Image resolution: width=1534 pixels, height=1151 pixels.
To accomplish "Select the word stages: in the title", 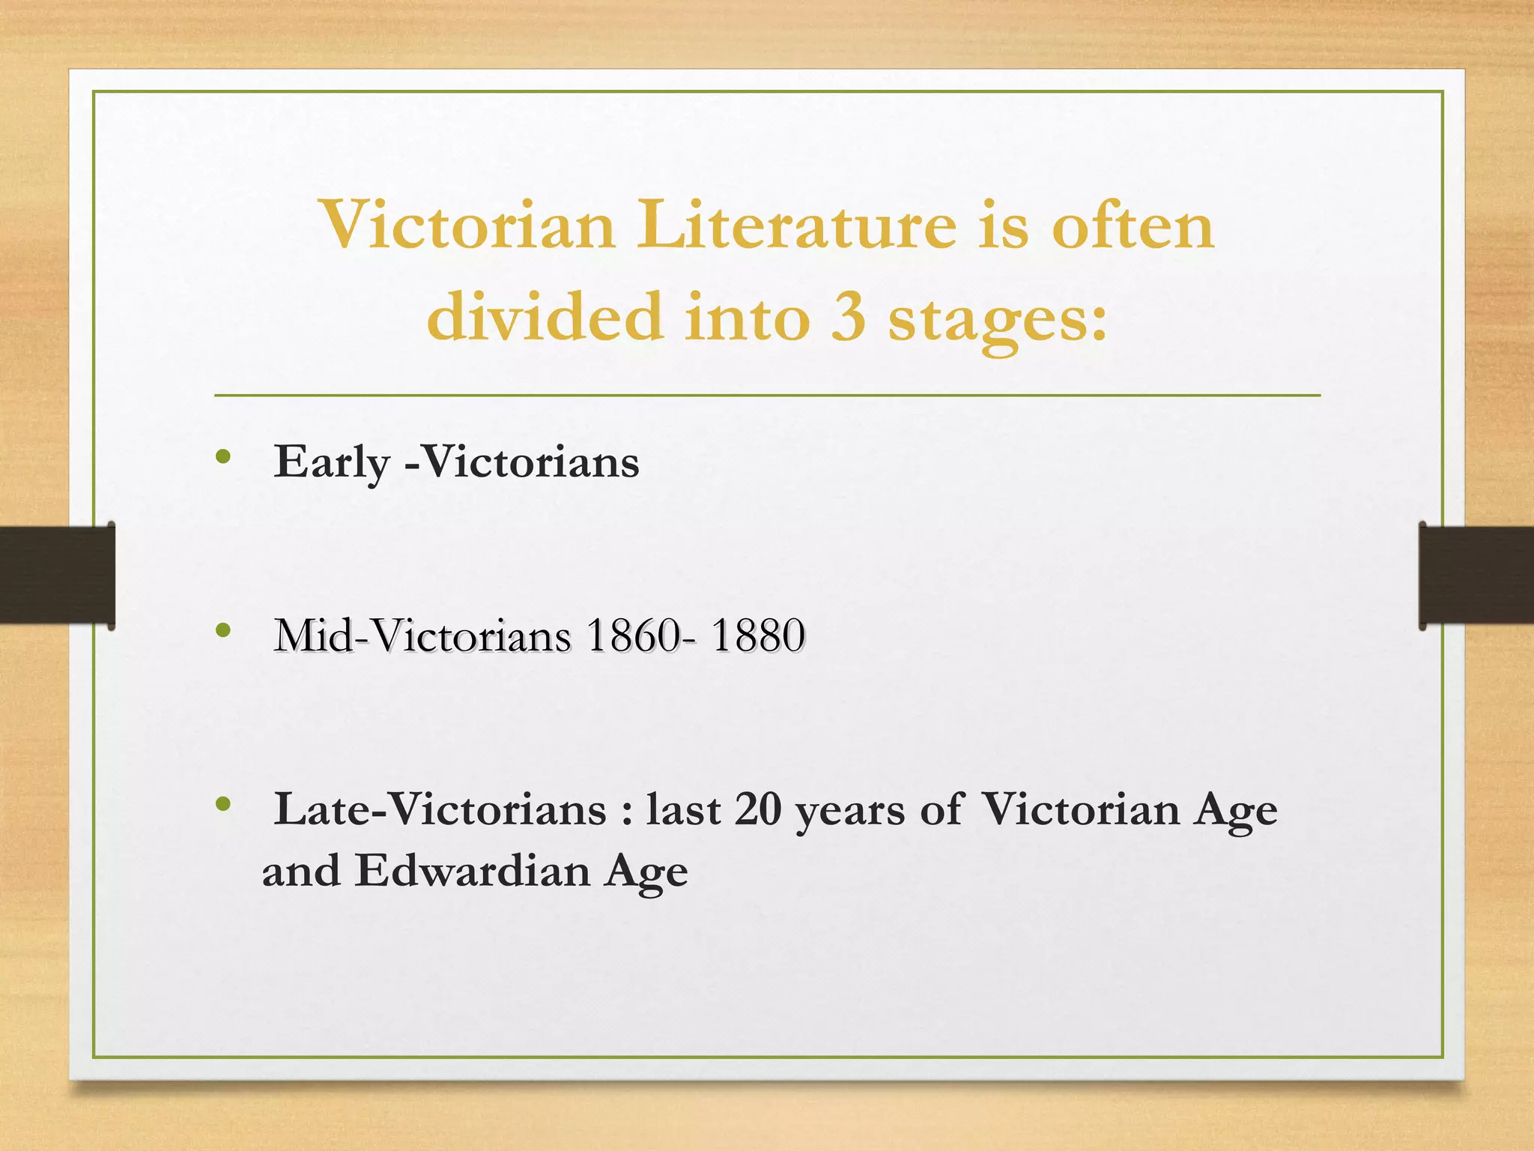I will pos(997,319).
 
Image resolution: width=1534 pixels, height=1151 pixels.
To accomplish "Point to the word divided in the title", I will pos(545,316).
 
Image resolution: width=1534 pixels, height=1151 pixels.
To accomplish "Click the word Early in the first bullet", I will pos(332,462).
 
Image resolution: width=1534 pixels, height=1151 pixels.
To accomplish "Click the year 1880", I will pos(757,635).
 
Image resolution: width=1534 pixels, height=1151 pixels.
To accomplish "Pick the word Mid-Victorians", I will pos(422,635).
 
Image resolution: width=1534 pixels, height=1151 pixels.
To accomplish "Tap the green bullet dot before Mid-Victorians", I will pos(222,631).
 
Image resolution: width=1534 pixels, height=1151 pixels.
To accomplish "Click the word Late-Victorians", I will pos(440,809).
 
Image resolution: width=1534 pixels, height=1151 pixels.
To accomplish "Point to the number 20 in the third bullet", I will pos(758,809).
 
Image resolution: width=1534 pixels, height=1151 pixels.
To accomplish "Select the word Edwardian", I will pos(473,871).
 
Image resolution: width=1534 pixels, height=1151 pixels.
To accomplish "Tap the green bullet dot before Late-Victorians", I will pos(222,805).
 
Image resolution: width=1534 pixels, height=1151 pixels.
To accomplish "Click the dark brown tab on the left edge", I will pos(57,575).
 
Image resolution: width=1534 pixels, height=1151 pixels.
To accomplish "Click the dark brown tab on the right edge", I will pos(1476,575).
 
